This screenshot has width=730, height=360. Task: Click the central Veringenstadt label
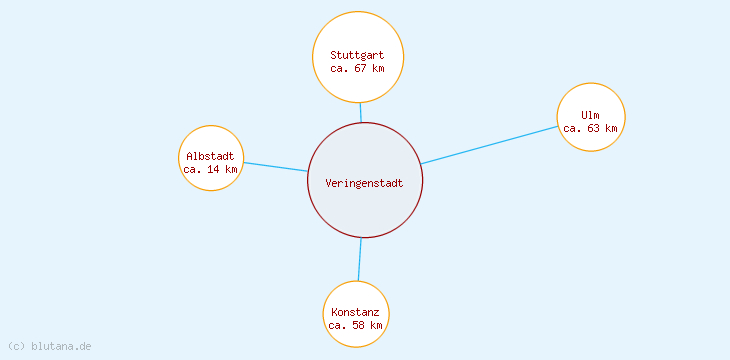[365, 182]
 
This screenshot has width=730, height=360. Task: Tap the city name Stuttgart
[357, 55]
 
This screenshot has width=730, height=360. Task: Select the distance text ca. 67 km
[357, 68]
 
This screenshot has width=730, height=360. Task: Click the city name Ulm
[590, 115]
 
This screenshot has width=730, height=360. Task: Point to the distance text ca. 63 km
[590, 128]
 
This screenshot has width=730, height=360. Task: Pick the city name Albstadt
[210, 156]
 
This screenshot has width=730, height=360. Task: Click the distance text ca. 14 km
[210, 169]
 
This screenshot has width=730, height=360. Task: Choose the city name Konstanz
[355, 312]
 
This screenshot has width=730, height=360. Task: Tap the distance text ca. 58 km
[355, 325]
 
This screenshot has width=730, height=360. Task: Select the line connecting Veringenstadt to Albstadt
[275, 166]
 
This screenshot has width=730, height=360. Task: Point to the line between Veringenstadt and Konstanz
[359, 260]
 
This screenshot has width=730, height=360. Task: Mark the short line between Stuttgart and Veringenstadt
[361, 112]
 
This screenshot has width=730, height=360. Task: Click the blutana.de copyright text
[49, 346]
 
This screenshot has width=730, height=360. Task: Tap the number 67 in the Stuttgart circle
[362, 68]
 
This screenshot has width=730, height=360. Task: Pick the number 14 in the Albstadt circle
[214, 169]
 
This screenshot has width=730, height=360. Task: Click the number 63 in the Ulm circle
[595, 128]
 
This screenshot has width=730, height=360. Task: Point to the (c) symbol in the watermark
[16, 346]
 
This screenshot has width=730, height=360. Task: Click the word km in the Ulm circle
[611, 128]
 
